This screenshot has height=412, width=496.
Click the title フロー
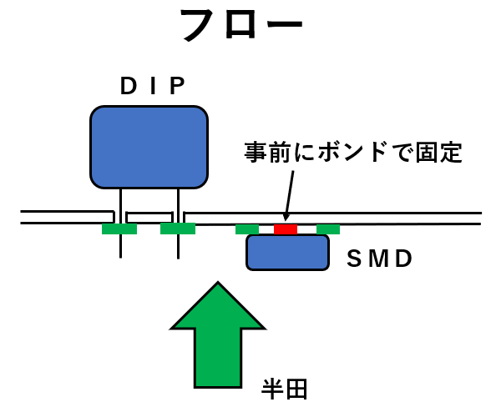click(x=241, y=25)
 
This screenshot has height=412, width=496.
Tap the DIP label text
click(x=153, y=86)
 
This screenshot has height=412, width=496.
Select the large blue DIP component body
click(x=149, y=148)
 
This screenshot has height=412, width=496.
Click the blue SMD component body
click(x=287, y=253)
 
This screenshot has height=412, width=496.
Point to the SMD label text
click(x=379, y=259)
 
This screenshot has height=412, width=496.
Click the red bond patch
click(x=286, y=229)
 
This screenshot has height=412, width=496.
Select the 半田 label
click(x=285, y=389)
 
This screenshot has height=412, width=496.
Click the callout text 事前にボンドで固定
click(x=353, y=153)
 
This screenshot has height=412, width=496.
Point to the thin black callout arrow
click(x=289, y=196)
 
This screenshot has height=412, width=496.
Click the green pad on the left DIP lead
click(x=119, y=229)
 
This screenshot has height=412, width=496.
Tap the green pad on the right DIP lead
click(x=178, y=229)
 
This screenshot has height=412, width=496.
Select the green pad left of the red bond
click(x=247, y=229)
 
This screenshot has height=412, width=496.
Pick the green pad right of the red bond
click(x=328, y=229)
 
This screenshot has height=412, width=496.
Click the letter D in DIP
click(x=129, y=86)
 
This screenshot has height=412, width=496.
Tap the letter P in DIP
click(x=178, y=86)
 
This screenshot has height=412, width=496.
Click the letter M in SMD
click(x=379, y=259)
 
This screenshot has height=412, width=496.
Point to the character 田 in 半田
click(x=296, y=389)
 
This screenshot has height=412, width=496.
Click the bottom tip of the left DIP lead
click(x=120, y=259)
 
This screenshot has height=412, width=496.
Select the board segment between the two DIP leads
click(x=149, y=218)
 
